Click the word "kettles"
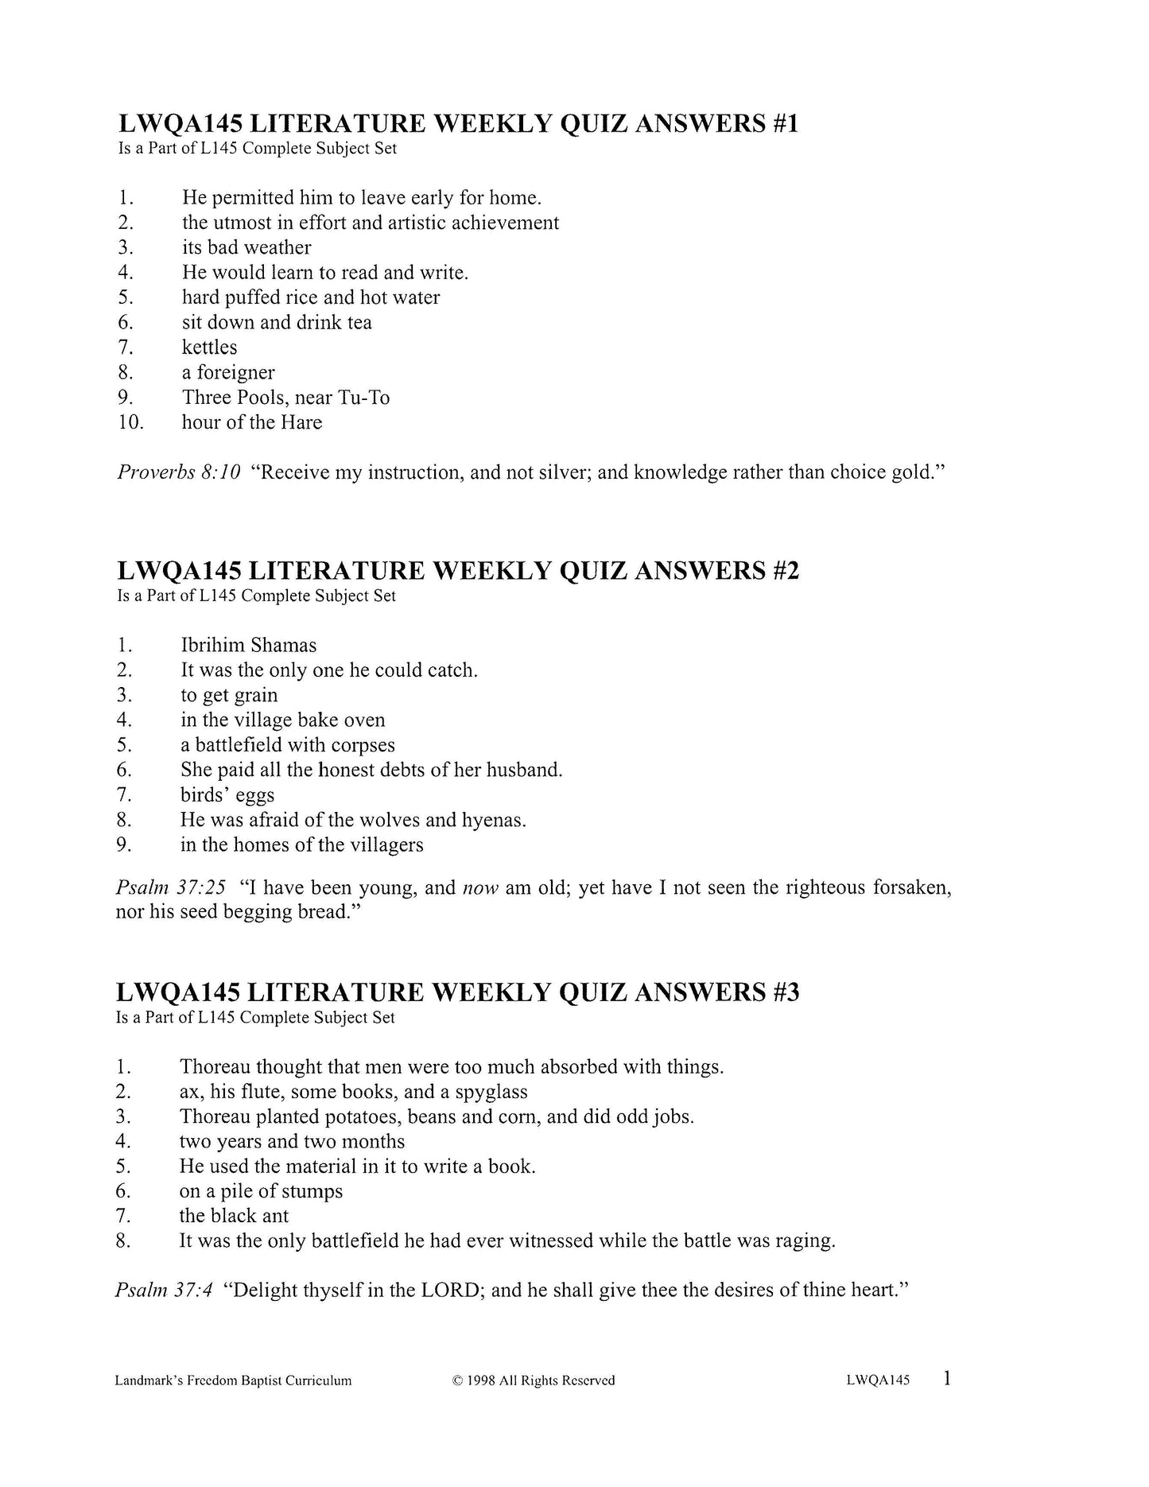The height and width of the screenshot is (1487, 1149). click(209, 347)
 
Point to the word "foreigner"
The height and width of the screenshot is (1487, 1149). click(235, 373)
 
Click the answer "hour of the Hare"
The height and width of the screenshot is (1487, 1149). click(251, 422)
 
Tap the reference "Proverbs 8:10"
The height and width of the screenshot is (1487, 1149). click(179, 472)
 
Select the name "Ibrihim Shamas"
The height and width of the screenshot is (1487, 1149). click(248, 646)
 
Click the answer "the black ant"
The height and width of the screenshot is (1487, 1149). click(234, 1216)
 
